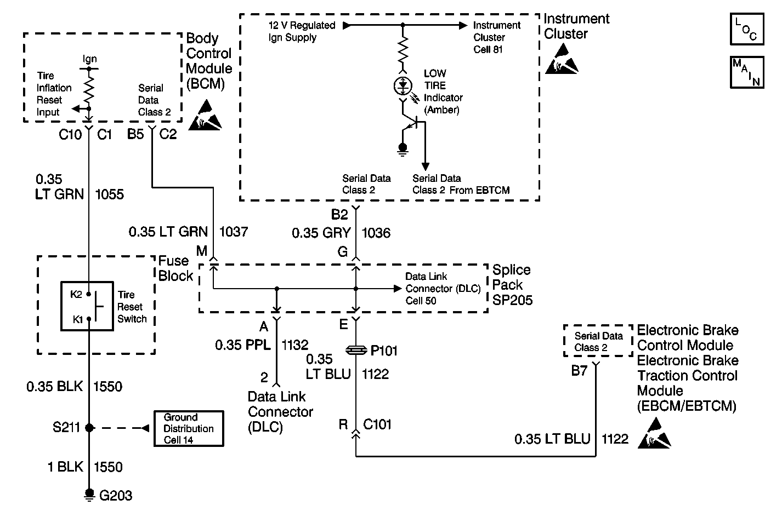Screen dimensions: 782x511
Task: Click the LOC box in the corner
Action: [x=747, y=29]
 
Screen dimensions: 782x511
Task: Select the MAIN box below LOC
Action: [x=747, y=72]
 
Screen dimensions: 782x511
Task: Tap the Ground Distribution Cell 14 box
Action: [x=189, y=428]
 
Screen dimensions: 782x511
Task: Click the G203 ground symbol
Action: [x=89, y=495]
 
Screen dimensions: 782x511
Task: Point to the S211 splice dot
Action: [x=89, y=427]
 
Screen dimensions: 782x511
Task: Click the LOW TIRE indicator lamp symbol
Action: [x=403, y=86]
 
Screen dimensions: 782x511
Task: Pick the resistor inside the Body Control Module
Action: [x=89, y=89]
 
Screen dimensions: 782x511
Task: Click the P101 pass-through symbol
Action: [x=356, y=351]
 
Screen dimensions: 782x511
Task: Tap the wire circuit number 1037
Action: [x=233, y=232]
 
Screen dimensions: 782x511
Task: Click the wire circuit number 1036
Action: [x=376, y=233]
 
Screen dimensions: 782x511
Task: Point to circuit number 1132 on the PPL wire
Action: [x=294, y=345]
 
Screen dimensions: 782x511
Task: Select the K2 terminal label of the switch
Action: [x=76, y=295]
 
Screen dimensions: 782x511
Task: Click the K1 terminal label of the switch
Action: [x=77, y=319]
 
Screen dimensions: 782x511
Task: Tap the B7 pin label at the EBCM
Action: [x=579, y=371]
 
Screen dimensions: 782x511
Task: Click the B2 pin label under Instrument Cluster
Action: [x=339, y=214]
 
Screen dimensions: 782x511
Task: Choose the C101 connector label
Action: [x=377, y=424]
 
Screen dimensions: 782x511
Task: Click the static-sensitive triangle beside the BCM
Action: [x=205, y=116]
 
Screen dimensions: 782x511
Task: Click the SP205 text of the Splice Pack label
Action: [x=512, y=300]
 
